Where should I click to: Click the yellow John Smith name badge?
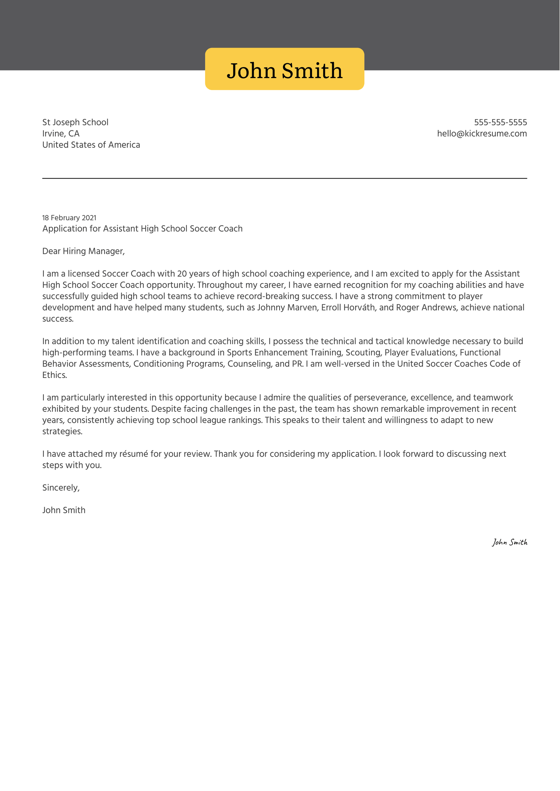[285, 69]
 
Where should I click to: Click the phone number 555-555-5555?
[500, 122]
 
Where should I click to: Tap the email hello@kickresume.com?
[482, 134]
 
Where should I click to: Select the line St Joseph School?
[75, 122]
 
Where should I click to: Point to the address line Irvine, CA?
[61, 134]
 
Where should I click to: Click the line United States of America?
[91, 145]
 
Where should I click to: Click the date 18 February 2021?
[69, 218]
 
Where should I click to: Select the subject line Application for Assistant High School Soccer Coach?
[142, 229]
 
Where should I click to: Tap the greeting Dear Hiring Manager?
[83, 251]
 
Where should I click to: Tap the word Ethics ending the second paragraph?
[54, 375]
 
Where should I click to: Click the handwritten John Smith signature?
[509, 542]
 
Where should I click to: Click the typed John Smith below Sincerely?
[64, 510]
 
